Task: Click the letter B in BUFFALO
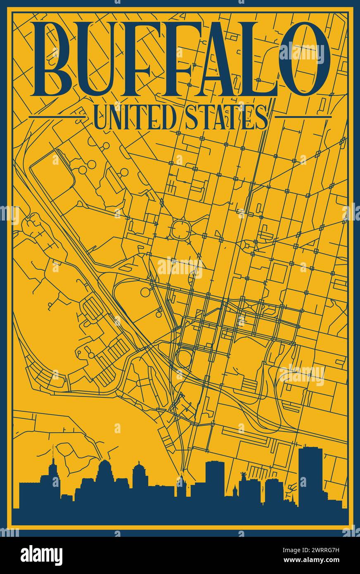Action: (x=54, y=58)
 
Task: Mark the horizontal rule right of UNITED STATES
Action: (x=303, y=117)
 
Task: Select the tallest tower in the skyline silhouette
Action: (x=310, y=475)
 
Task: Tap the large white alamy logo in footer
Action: (x=41, y=555)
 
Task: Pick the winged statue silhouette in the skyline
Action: (x=243, y=475)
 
